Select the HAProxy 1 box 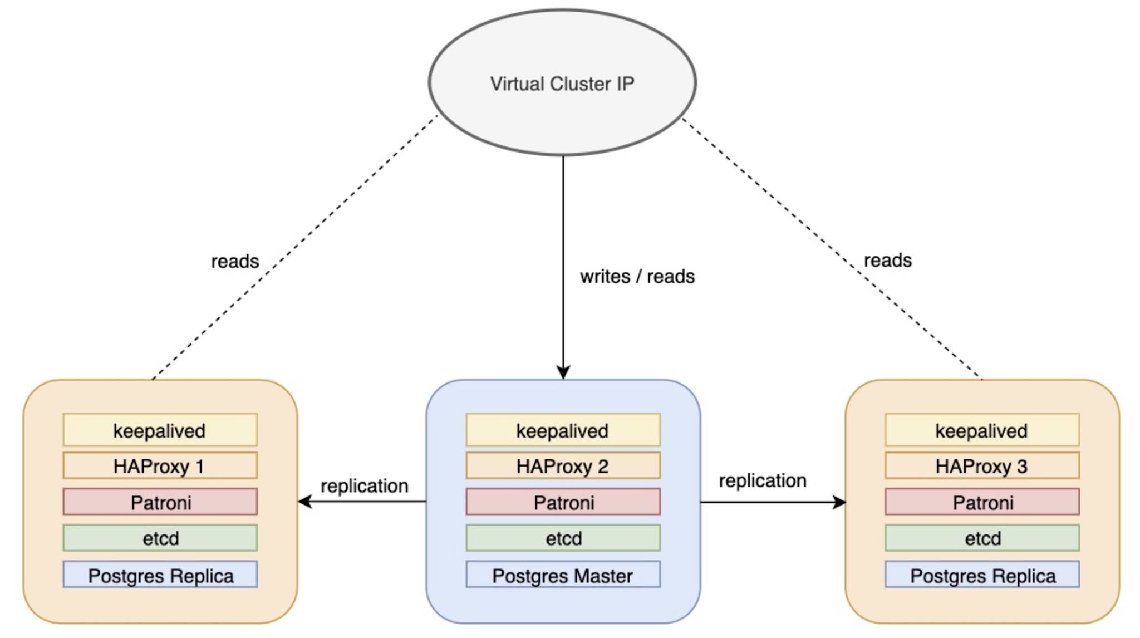160,466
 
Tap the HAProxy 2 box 563,466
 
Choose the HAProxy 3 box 982,466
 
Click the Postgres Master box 563,575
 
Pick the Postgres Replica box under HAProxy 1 160,575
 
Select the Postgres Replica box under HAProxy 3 982,575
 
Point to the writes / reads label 637,277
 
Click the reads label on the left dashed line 235,261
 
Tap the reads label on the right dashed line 887,260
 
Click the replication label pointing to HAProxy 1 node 364,485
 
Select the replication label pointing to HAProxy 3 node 762,480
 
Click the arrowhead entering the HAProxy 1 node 304,502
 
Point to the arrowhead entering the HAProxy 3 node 839,502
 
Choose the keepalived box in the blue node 563,430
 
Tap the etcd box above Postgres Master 563,538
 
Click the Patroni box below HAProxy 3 982,502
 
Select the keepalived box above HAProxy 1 160,430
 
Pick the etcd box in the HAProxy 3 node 982,538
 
